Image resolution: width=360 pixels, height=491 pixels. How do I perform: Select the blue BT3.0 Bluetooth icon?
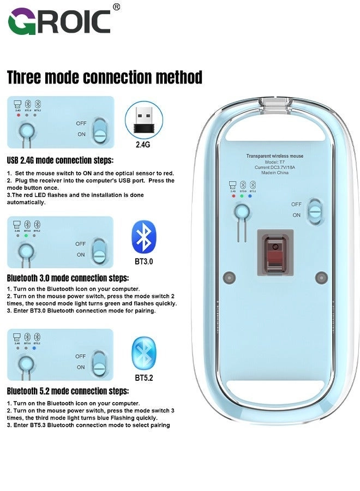(143, 236)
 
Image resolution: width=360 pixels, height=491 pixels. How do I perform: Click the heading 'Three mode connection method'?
(105, 77)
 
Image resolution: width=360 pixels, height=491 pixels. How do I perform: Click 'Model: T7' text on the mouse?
(275, 163)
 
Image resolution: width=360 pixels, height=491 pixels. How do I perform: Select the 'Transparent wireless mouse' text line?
(275, 156)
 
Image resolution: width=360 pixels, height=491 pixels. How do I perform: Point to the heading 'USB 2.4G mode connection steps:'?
(60, 160)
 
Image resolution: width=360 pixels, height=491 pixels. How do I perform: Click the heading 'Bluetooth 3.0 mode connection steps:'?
(68, 277)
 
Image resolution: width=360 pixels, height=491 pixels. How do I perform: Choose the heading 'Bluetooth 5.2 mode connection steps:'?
(68, 391)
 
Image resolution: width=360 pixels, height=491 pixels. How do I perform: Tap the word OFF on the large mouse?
(296, 204)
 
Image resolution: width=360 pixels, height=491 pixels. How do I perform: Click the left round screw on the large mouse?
(230, 277)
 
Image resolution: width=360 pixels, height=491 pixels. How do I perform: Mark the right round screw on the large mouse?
(321, 277)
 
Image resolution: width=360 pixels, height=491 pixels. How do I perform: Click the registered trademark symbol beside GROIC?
(116, 7)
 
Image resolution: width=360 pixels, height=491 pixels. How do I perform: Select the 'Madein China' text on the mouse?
(275, 175)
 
